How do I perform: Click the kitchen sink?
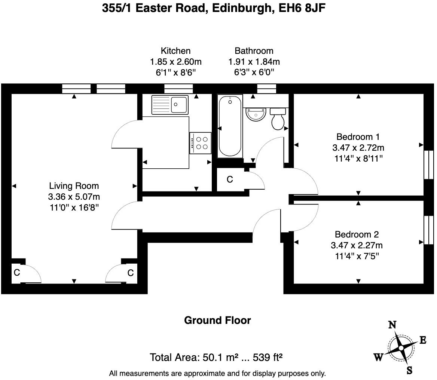pyautogui.click(x=170, y=104)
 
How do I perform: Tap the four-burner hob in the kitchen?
pyautogui.click(x=200, y=143)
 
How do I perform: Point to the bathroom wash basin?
pyautogui.click(x=256, y=114)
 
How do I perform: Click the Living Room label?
pyautogui.click(x=74, y=186)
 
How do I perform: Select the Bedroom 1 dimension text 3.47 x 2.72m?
pyautogui.click(x=358, y=147)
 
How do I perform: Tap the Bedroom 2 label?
pyautogui.click(x=357, y=235)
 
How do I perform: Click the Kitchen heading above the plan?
pyautogui.click(x=175, y=51)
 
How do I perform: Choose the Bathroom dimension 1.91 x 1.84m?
pyautogui.click(x=254, y=62)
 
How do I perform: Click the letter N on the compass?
pyautogui.click(x=392, y=325)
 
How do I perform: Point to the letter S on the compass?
pyautogui.click(x=409, y=370)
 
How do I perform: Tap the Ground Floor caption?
pyautogui.click(x=217, y=321)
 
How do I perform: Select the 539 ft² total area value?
pyautogui.click(x=268, y=358)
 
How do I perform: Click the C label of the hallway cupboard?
pyautogui.click(x=230, y=180)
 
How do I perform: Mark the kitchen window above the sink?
pyautogui.click(x=178, y=89)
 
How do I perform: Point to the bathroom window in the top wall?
pyautogui.click(x=266, y=89)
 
